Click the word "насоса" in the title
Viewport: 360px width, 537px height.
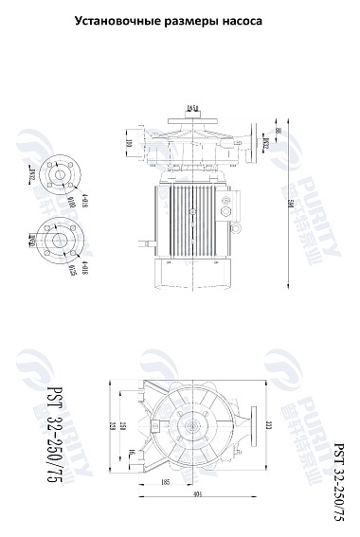point(236,19)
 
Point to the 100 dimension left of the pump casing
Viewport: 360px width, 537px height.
point(130,144)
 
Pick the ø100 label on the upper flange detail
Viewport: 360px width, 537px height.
point(73,200)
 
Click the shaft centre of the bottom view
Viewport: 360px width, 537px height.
point(196,427)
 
